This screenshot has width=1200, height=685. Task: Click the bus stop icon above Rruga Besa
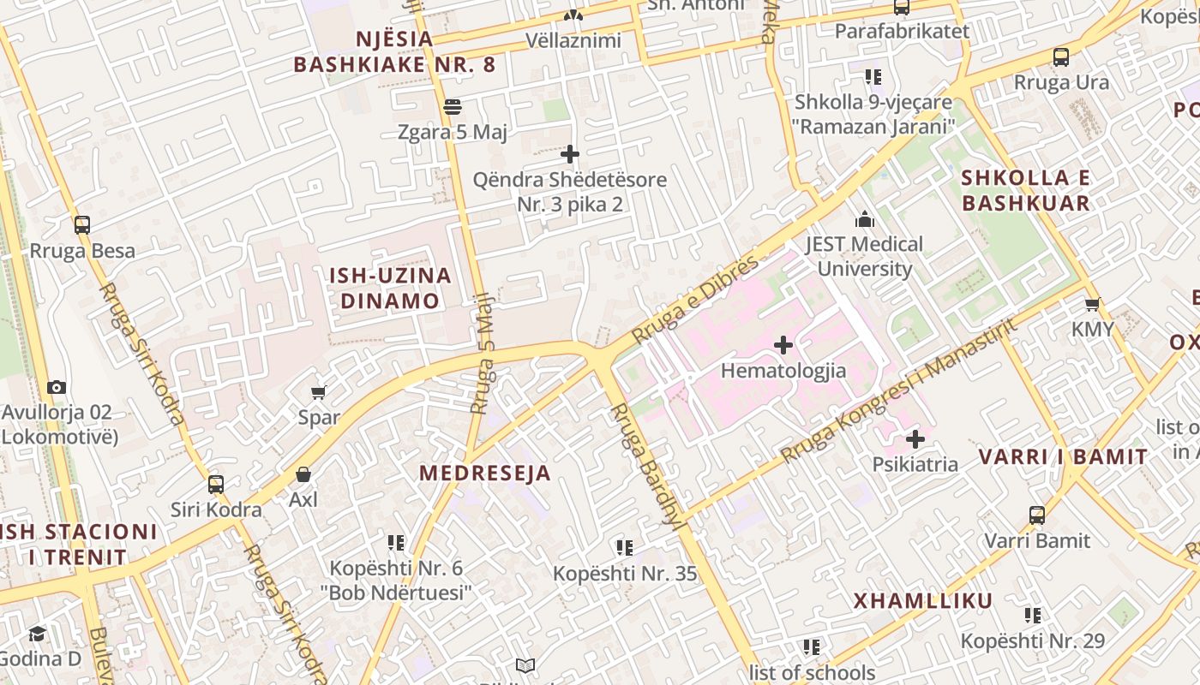[82, 225]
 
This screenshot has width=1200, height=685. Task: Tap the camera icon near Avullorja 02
[57, 387]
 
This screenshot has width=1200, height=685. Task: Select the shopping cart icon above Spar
[319, 392]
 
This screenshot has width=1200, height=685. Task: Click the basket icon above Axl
[303, 474]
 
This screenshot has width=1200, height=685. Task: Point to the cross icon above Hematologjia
[783, 345]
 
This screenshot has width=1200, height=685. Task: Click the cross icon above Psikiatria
[915, 439]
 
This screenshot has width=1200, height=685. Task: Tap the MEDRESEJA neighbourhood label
[484, 473]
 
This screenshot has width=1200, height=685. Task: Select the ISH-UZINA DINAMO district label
[390, 288]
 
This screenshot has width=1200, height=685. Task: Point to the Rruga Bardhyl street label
[650, 467]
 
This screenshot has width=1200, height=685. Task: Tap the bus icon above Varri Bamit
[1036, 515]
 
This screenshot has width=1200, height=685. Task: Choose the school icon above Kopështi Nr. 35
[625, 547]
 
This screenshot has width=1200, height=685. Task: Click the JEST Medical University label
[864, 256]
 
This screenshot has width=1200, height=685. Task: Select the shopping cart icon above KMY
[1092, 304]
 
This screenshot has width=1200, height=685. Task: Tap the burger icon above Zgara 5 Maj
[453, 107]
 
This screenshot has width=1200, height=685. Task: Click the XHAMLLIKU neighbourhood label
[922, 600]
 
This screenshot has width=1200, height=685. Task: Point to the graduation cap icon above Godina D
[37, 634]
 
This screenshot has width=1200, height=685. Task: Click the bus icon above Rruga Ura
[1060, 57]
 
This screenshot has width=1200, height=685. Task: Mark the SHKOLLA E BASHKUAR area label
[1025, 190]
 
